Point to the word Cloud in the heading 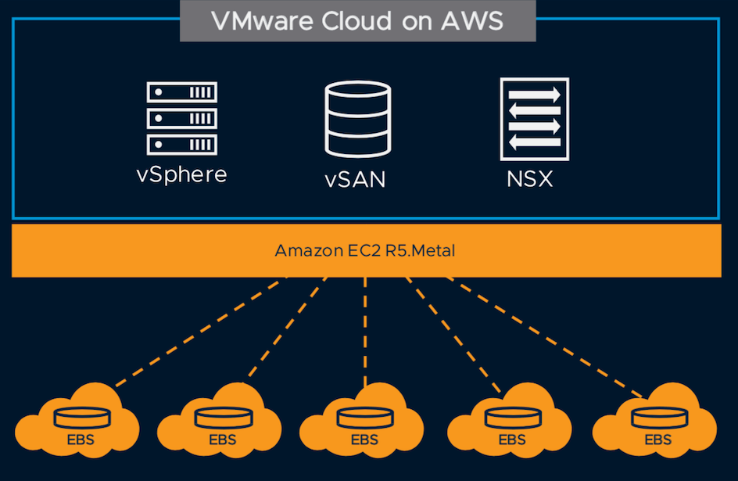[360, 21]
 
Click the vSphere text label [181, 174]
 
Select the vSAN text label [356, 179]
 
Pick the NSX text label [529, 178]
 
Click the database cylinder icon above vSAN [356, 120]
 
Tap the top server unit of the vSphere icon [182, 92]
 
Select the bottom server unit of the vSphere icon [182, 144]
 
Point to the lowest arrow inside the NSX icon [535, 142]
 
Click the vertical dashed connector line [365, 328]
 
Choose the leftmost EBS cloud [76, 426]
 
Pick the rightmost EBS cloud [657, 426]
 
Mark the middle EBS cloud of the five [364, 426]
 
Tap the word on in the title [428, 22]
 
